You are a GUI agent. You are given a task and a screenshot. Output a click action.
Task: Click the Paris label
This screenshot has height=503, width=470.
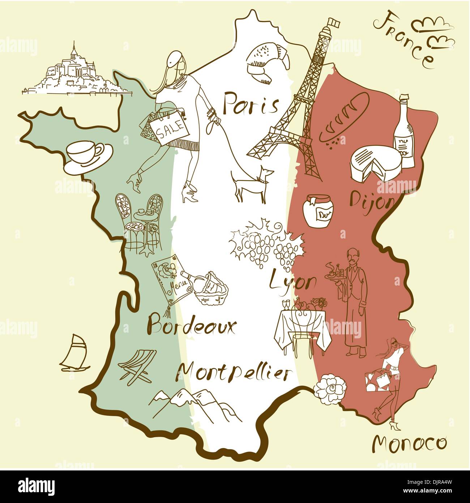[250, 104]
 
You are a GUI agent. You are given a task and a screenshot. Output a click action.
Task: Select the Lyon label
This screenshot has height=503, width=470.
[293, 281]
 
